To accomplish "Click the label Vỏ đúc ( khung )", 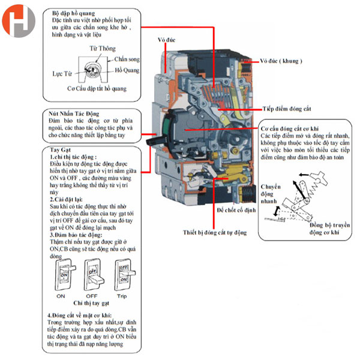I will click(x=281, y=61).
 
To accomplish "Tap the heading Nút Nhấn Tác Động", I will click(x=77, y=113).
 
